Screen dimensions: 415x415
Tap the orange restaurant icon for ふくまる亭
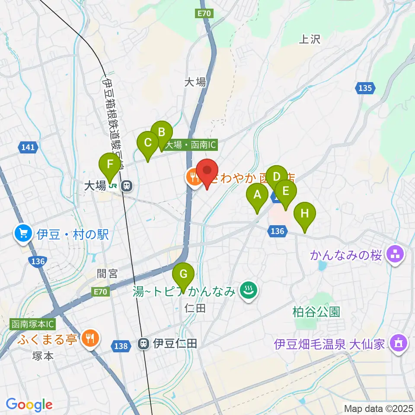click(90, 338)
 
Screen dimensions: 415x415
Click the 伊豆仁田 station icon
click(143, 344)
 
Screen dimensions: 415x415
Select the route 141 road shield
click(27, 148)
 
